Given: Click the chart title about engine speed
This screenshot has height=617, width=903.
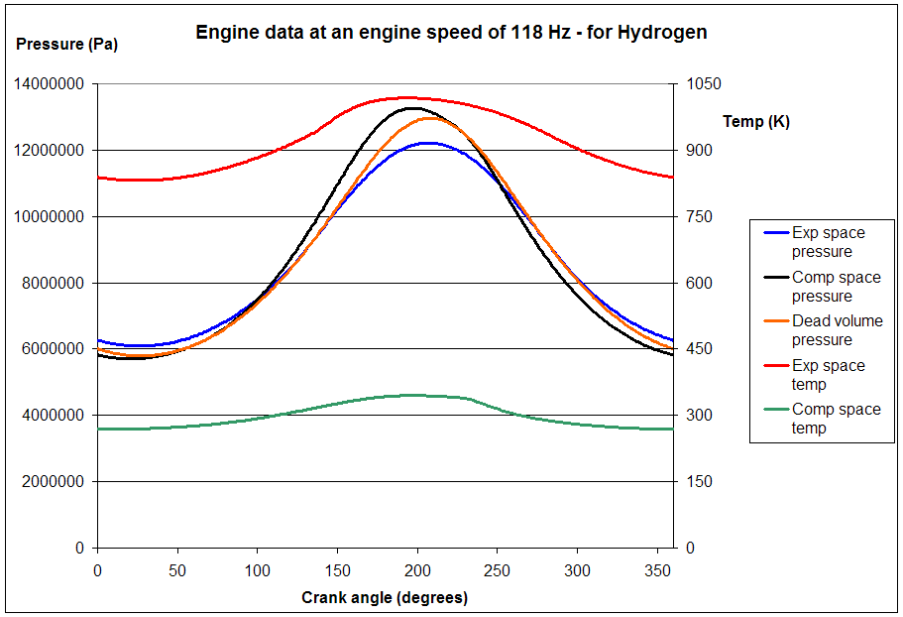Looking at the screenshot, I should (x=451, y=33).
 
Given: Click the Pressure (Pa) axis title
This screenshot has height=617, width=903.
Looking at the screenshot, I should (x=67, y=45).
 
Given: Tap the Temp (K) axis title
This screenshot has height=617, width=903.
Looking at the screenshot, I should (x=756, y=122).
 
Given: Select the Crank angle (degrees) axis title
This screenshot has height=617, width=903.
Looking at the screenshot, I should (x=385, y=597).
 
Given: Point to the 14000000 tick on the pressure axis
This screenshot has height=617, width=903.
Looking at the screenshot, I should (x=49, y=84).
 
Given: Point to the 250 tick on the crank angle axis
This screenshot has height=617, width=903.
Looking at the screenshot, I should (x=498, y=570).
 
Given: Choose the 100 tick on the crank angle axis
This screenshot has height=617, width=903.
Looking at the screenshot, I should (x=257, y=570).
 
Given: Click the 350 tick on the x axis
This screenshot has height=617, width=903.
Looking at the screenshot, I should (x=657, y=570).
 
